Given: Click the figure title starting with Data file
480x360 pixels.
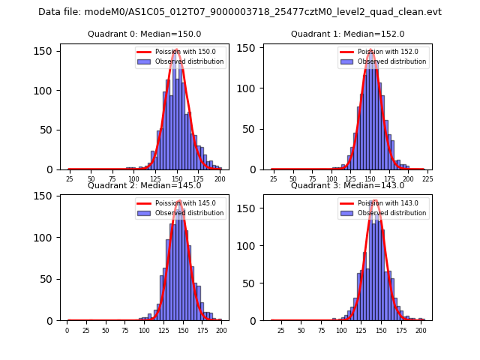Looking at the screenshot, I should point(240,12).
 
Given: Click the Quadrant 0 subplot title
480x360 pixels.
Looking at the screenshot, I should point(145,34).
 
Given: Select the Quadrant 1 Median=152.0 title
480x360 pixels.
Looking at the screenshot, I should point(348,34).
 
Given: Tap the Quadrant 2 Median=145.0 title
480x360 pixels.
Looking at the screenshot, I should point(145,185).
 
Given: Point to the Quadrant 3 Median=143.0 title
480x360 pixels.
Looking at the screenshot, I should point(348,185).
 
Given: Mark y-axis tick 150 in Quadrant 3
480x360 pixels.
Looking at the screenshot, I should point(250,207).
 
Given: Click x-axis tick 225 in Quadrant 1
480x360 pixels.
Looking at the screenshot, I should point(427,179).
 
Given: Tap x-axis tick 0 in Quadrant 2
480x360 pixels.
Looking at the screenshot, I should point(67,330).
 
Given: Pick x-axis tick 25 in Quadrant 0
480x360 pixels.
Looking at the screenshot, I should point(69,179).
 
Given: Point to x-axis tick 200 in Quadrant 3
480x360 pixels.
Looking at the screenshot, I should point(421,330).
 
